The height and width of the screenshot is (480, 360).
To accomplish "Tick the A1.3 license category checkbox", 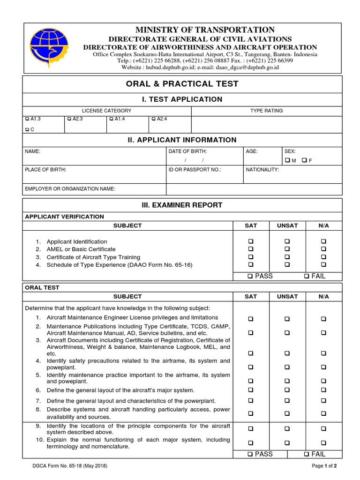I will [x=27, y=120].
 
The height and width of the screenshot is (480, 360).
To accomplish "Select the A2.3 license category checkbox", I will [x=69, y=120].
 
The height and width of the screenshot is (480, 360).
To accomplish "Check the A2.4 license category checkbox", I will [x=153, y=120].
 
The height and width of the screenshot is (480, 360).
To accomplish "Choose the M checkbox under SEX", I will [x=287, y=160].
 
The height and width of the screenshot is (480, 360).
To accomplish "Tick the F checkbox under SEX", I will [x=304, y=160].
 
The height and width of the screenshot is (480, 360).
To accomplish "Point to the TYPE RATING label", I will [x=266, y=111].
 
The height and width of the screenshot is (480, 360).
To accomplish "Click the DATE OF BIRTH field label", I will [x=187, y=151].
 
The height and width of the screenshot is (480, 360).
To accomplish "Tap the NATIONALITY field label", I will [x=262, y=170].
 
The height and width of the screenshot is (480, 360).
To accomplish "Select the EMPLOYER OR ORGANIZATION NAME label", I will [x=70, y=189].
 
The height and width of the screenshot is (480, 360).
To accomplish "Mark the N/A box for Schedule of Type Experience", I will [x=323, y=265].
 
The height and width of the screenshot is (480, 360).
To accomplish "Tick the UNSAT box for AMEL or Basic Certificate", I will [x=287, y=249].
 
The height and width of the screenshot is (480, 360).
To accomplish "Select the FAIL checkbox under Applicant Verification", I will [x=307, y=277].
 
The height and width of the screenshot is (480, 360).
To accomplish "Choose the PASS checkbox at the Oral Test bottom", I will [x=250, y=454].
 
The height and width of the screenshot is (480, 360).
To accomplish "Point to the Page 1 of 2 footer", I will [x=324, y=466].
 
